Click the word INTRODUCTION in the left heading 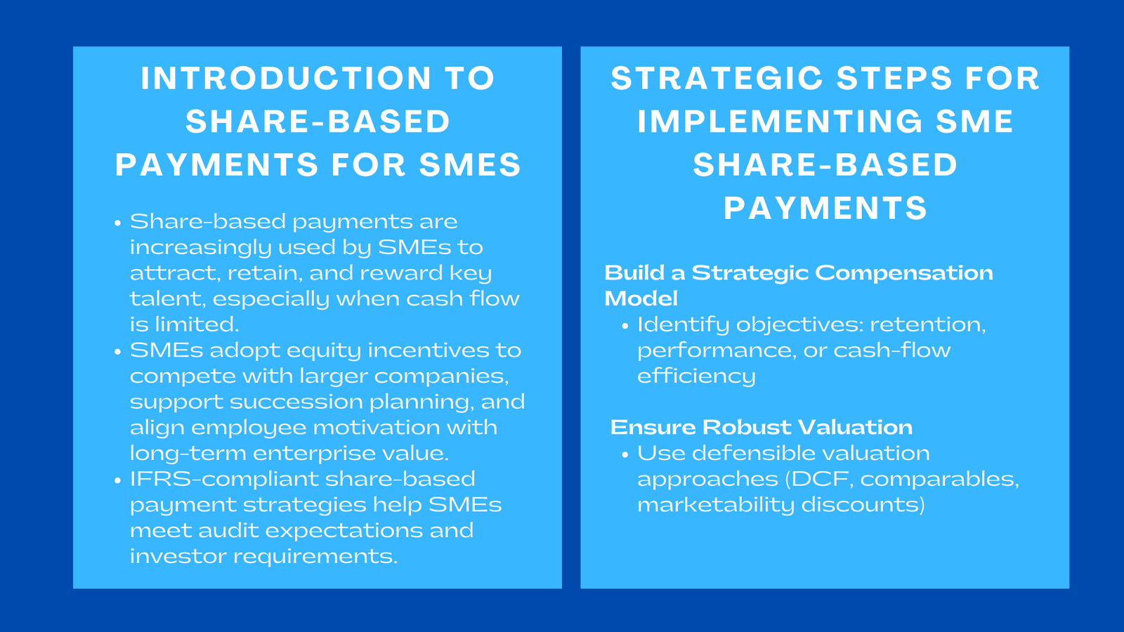click(286, 78)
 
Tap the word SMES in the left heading click(470, 165)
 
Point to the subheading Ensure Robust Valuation click(761, 427)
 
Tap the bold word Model click(641, 298)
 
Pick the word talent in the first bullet click(167, 299)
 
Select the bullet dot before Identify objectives click(625, 326)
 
